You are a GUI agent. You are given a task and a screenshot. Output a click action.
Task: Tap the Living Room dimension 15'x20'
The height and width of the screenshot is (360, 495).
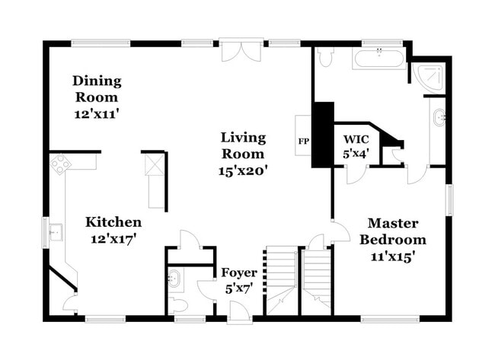tap(244, 170)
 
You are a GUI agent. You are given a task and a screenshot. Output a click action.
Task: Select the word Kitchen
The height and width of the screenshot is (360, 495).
tap(113, 222)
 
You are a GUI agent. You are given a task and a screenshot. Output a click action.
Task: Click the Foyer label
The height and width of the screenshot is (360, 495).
tap(239, 272)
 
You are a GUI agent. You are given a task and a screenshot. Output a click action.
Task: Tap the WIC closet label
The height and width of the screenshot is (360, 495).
tap(356, 140)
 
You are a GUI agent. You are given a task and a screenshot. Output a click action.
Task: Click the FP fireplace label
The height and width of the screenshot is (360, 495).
tap(303, 142)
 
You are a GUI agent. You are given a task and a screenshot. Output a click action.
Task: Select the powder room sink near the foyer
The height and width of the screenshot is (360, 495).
tap(174, 279)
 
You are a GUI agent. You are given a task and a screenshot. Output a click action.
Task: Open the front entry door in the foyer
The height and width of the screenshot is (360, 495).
tap(238, 311)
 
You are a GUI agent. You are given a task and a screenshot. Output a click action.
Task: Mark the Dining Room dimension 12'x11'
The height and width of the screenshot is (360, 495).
tap(96, 113)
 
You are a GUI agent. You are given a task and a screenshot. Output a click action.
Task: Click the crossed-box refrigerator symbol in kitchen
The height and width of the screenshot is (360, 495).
tap(155, 164)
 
